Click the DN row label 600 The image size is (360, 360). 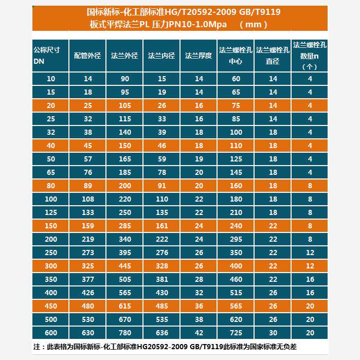pos(50,333)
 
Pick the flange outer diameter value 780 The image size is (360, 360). pos(124,333)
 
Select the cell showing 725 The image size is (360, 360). pos(236,333)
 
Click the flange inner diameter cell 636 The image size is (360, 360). pos(161,333)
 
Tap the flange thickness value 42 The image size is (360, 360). pos(199,333)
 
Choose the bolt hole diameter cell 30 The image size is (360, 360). pos(273,333)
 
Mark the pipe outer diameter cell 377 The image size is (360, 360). pos(87,279)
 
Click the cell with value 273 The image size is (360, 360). pos(87,253)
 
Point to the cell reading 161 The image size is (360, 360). pos(161,226)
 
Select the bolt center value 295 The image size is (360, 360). pos(236,239)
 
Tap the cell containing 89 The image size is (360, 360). pos(87,186)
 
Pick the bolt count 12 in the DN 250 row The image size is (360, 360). pos(310,253)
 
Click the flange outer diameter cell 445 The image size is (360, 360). pos(124,266)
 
